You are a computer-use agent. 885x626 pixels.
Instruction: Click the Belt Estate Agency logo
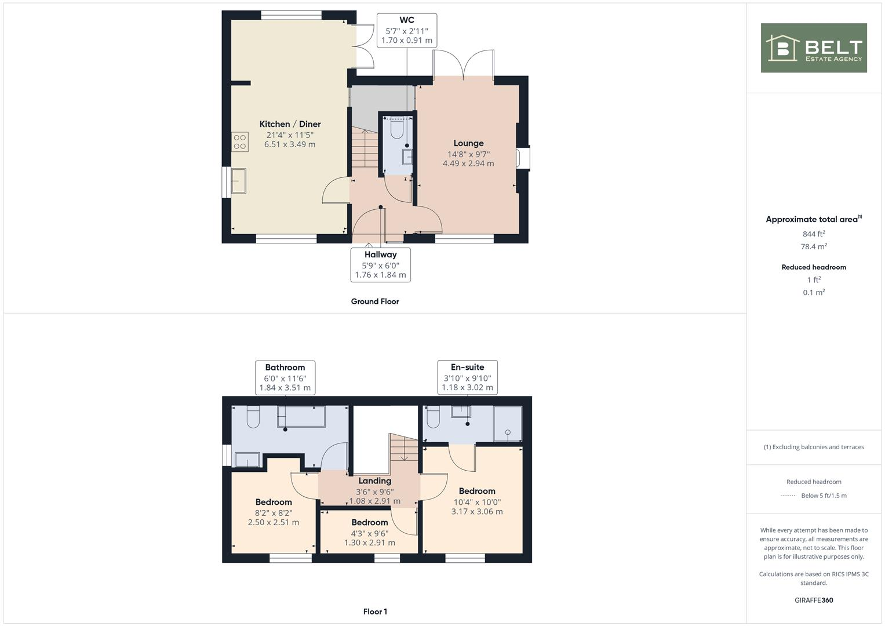[x=813, y=48]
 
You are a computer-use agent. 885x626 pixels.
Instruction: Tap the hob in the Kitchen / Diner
[x=240, y=142]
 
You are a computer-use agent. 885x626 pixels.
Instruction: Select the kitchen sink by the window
[x=238, y=181]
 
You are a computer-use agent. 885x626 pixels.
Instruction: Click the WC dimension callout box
[x=406, y=31]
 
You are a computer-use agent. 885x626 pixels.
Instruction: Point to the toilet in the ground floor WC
[x=397, y=129]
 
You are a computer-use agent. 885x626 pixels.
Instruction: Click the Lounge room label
[x=468, y=143]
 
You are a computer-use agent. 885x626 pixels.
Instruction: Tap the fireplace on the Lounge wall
[x=523, y=158]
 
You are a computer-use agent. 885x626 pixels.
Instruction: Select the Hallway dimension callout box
[x=380, y=265]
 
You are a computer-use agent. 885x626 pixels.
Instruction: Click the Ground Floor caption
[x=375, y=301]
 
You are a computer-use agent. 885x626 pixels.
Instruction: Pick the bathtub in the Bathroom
[x=301, y=416]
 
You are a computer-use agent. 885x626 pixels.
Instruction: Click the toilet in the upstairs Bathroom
[x=253, y=417]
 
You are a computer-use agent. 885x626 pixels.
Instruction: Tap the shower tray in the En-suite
[x=507, y=424]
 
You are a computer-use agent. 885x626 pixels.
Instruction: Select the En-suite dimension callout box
[x=467, y=377]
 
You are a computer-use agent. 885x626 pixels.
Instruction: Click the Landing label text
[x=374, y=481]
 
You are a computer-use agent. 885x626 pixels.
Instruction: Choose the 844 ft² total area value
[x=814, y=234]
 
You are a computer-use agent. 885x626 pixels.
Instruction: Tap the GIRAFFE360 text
[x=814, y=600]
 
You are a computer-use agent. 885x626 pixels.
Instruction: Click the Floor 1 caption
[x=375, y=612]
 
